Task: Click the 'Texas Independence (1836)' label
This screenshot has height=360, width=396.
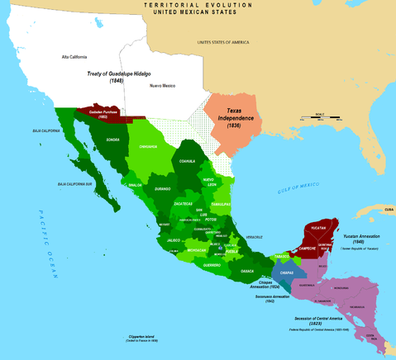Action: [x=236, y=112]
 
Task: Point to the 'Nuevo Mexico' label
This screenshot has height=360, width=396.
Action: [x=162, y=86]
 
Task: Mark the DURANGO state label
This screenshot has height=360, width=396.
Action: [x=163, y=189]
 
